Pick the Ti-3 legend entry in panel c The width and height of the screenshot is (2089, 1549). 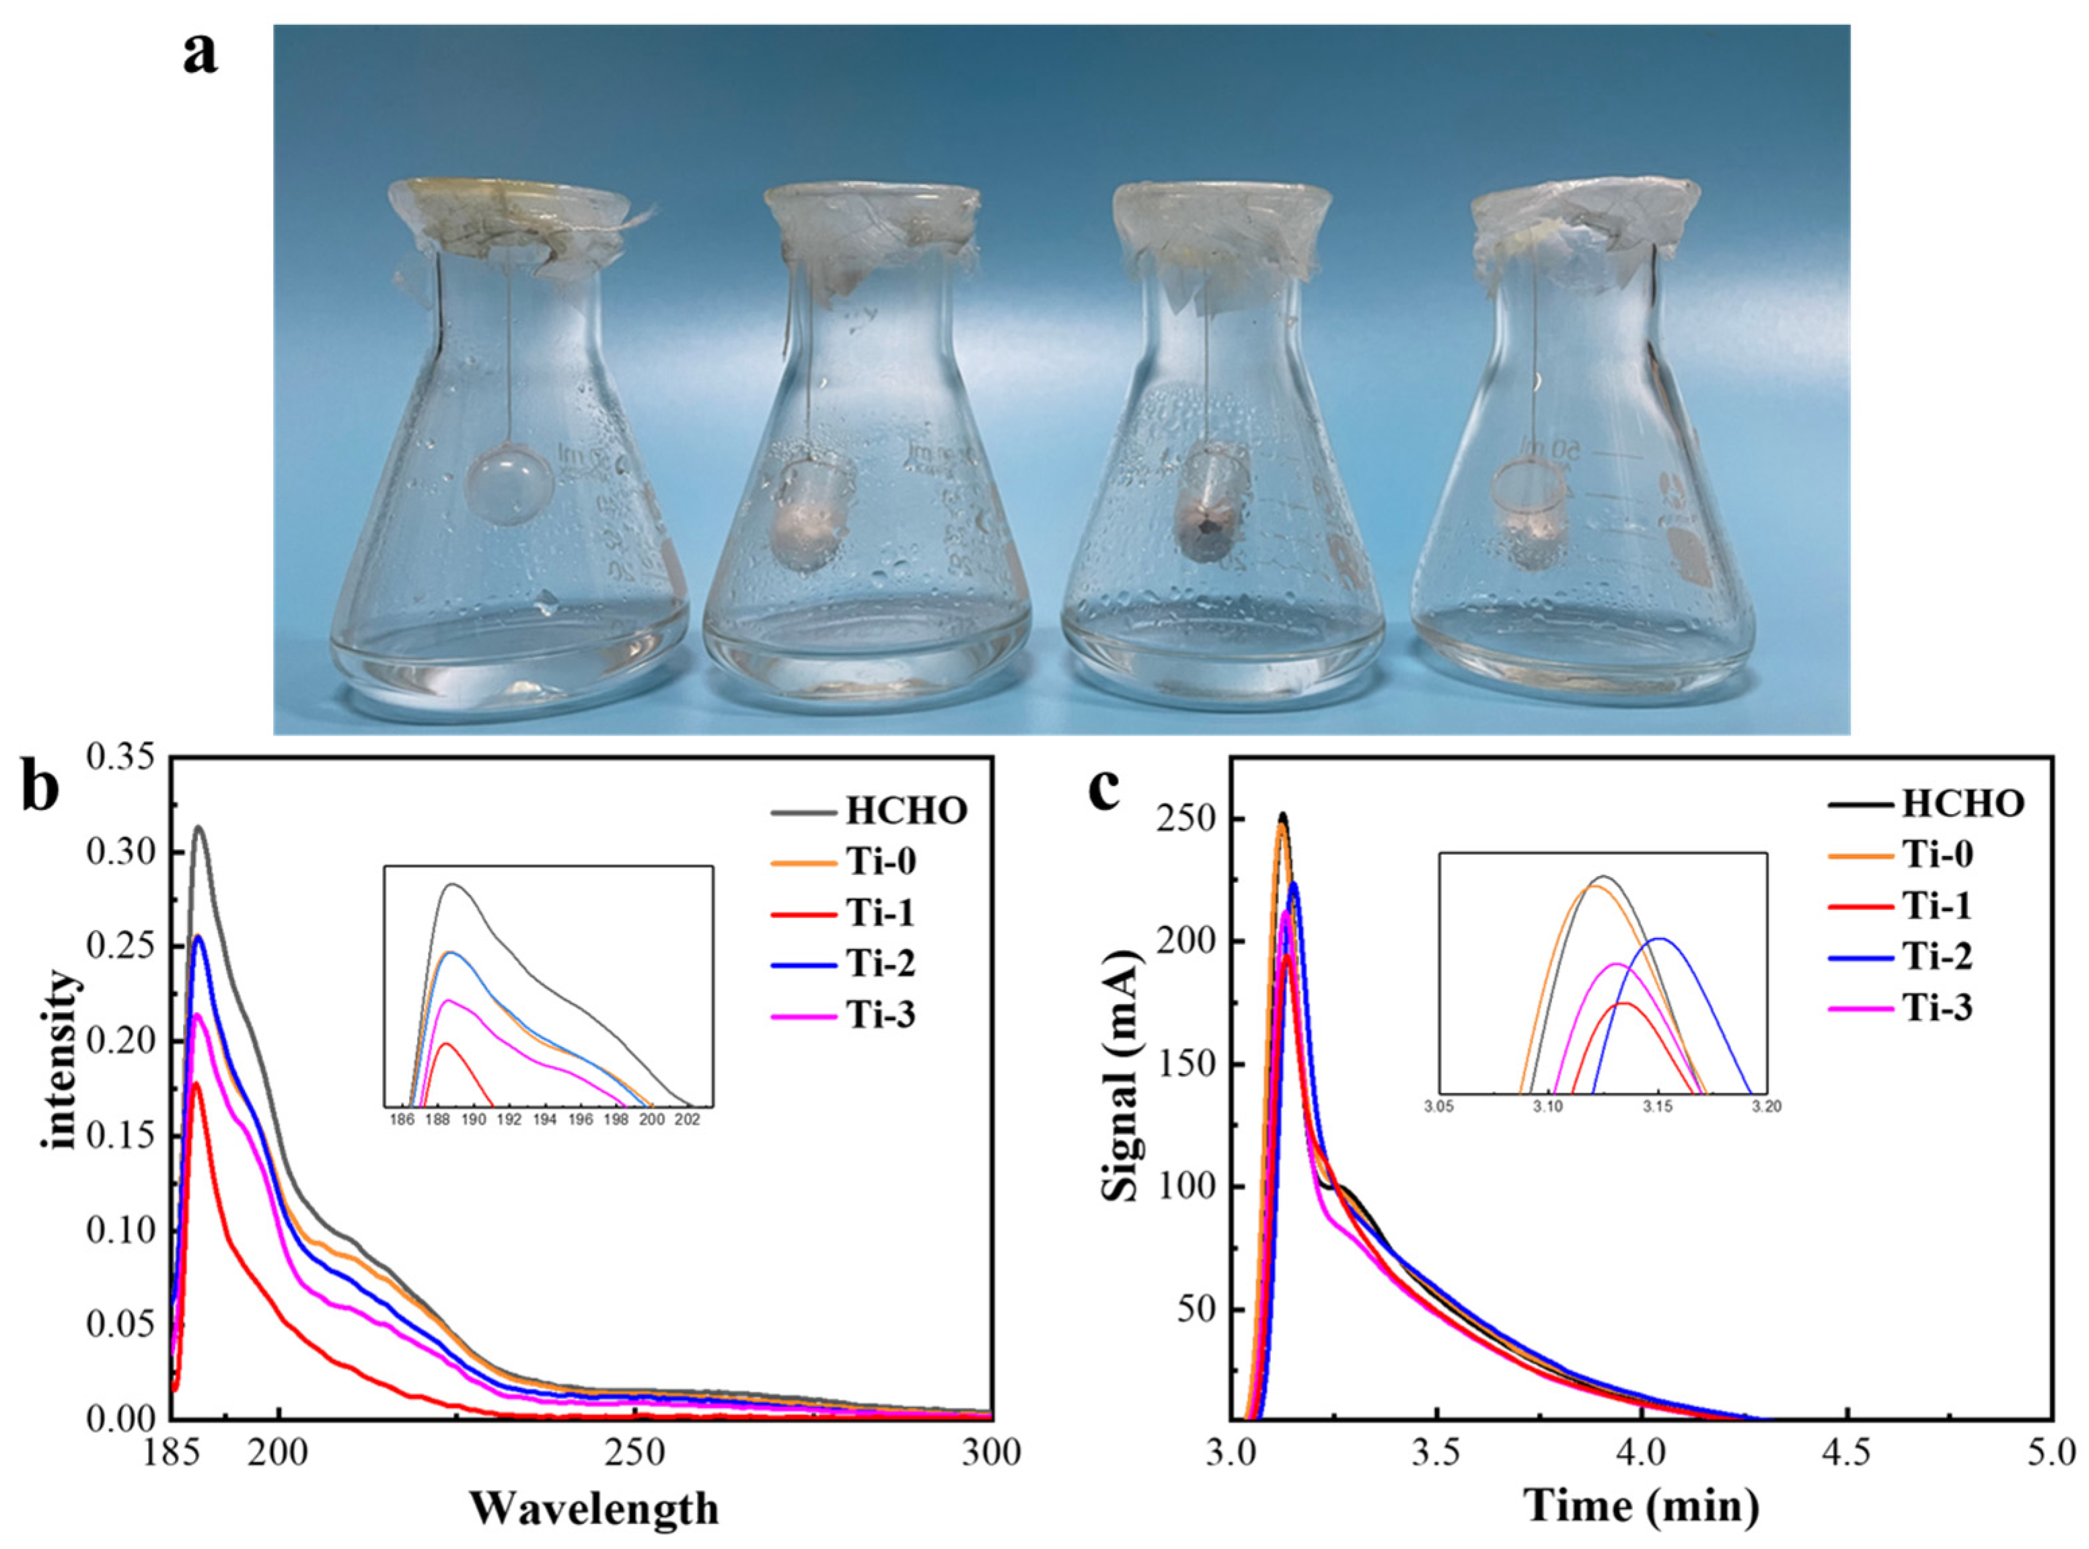(1936, 1008)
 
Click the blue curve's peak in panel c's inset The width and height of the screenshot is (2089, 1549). (1660, 939)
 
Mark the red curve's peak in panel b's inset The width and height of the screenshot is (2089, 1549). (445, 1044)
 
